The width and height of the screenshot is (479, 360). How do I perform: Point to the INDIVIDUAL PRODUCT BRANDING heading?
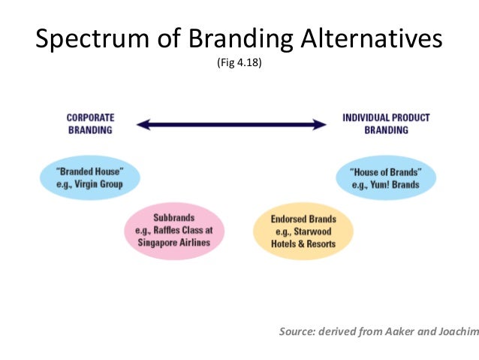pyautogui.click(x=386, y=124)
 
